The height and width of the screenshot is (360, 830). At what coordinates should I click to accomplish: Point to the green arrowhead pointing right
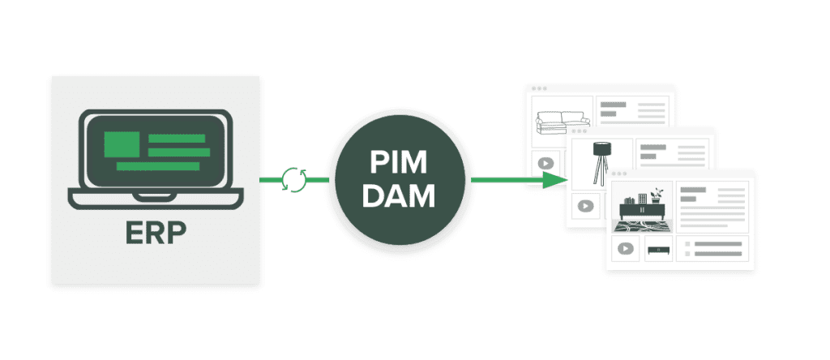click(x=554, y=179)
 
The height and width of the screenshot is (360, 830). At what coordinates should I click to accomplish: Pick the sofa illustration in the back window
click(x=560, y=122)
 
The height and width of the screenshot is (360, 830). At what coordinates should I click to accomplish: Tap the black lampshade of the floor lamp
click(x=601, y=149)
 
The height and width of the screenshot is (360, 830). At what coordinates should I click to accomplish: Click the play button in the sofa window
click(x=545, y=162)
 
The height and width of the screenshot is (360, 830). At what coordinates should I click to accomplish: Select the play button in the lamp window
click(x=585, y=205)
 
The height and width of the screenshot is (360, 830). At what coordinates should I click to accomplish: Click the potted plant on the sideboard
click(x=657, y=194)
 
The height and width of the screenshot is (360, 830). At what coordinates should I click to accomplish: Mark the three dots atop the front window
click(x=619, y=173)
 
